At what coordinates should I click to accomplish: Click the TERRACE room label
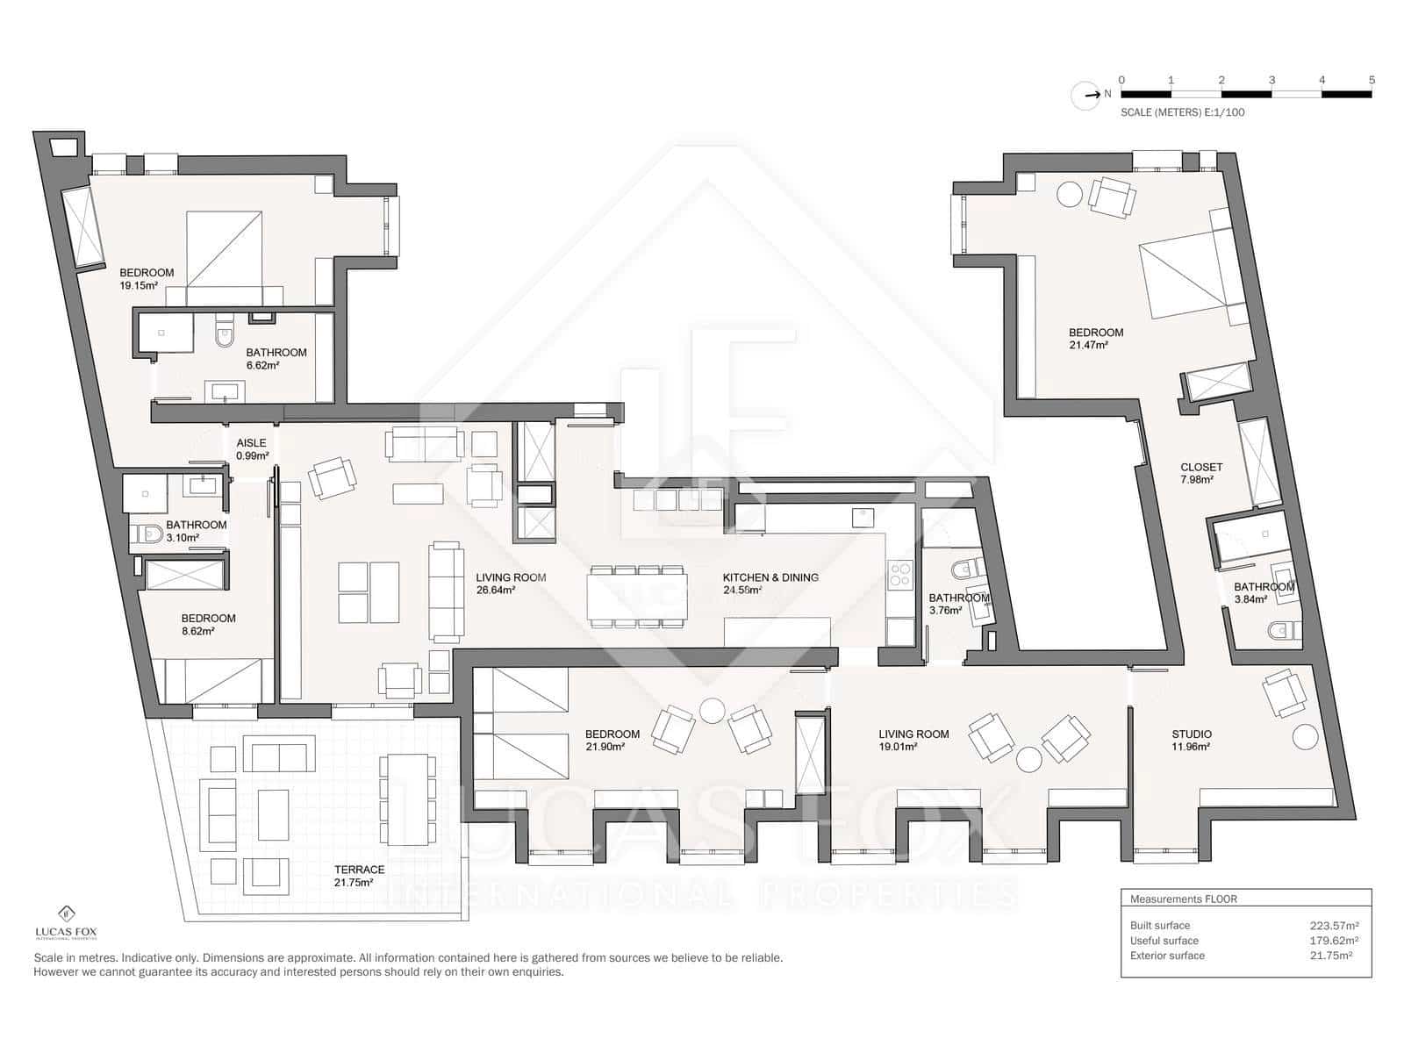click(359, 870)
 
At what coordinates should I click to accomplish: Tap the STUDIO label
click(1192, 734)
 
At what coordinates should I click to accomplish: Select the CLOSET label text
click(1201, 468)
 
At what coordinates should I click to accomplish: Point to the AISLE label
click(251, 442)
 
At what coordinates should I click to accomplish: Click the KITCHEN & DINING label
click(770, 577)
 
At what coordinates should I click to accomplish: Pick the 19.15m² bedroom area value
click(139, 286)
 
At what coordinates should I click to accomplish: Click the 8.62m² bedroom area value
click(197, 631)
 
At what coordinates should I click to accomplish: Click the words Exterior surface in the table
click(1167, 956)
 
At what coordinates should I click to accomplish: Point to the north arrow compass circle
click(1085, 96)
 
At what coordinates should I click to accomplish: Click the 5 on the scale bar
click(1372, 80)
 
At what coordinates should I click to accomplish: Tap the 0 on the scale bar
click(1121, 80)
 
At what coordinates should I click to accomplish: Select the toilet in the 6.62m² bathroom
click(224, 329)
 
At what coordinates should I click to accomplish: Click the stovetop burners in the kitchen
click(899, 574)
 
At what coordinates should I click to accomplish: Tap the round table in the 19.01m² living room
click(1029, 759)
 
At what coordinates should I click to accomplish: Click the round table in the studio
click(1305, 737)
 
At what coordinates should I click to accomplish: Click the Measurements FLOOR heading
click(1184, 899)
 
